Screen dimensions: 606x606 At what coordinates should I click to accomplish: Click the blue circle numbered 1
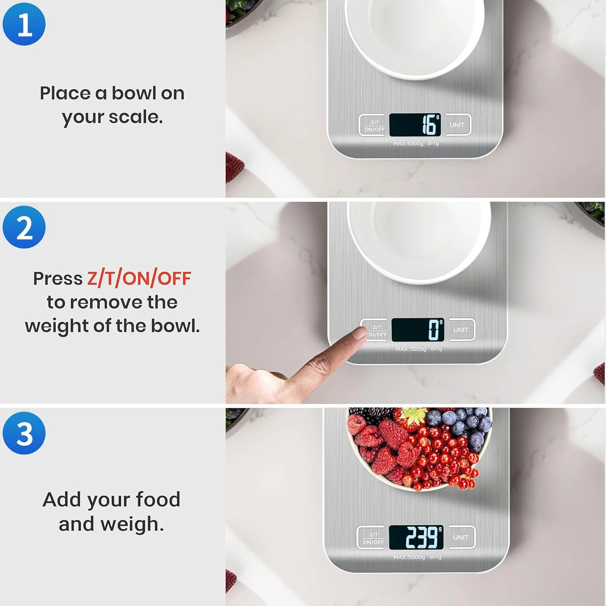point(24,24)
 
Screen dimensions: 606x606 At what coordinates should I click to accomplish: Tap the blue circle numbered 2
point(24,227)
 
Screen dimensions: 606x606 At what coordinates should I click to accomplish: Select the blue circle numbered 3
point(24,433)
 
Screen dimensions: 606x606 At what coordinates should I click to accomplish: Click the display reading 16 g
point(415,125)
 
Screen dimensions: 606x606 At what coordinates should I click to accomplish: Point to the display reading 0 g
point(418,330)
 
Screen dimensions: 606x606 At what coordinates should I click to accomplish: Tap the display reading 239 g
point(416,537)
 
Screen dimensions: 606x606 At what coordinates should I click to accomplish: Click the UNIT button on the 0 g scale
point(462,330)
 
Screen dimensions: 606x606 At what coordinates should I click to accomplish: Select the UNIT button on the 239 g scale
point(461,537)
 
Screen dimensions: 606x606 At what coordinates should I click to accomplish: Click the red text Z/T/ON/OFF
point(139,279)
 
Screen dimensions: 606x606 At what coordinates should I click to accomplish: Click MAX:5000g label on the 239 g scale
point(409,558)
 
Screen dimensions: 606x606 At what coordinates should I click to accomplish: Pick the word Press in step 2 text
point(58,279)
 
